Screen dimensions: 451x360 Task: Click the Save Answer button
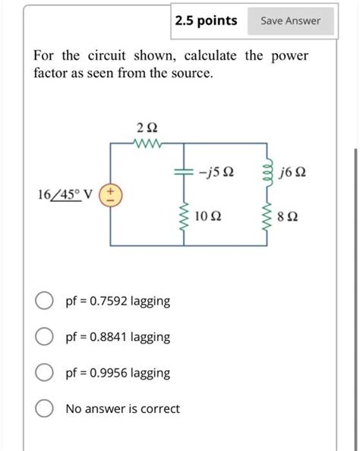(291, 20)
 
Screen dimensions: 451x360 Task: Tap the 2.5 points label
(206, 20)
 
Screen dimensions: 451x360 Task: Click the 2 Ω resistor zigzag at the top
(146, 143)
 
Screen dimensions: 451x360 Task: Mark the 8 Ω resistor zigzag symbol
(267, 216)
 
